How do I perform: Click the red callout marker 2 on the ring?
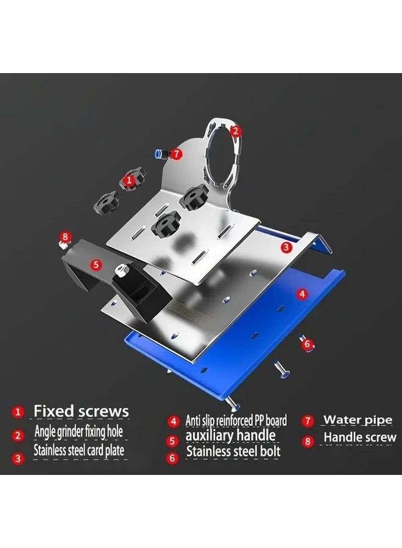(x=236, y=130)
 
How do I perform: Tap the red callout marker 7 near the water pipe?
(x=176, y=154)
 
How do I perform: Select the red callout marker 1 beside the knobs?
(x=129, y=180)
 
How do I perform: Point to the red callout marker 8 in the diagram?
(x=66, y=236)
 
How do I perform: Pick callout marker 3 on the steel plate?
(x=286, y=247)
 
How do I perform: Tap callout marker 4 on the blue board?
(x=301, y=293)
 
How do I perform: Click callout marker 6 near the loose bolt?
(x=308, y=345)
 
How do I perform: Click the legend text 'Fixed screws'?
(x=81, y=411)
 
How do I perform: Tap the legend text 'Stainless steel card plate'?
(x=79, y=451)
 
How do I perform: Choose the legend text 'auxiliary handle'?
(x=230, y=435)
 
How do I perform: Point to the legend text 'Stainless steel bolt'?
(x=233, y=452)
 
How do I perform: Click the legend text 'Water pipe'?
(x=358, y=420)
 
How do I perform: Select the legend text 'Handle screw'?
(x=359, y=437)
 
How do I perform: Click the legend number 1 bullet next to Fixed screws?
(x=18, y=412)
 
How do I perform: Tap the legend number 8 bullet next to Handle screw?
(x=308, y=439)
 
